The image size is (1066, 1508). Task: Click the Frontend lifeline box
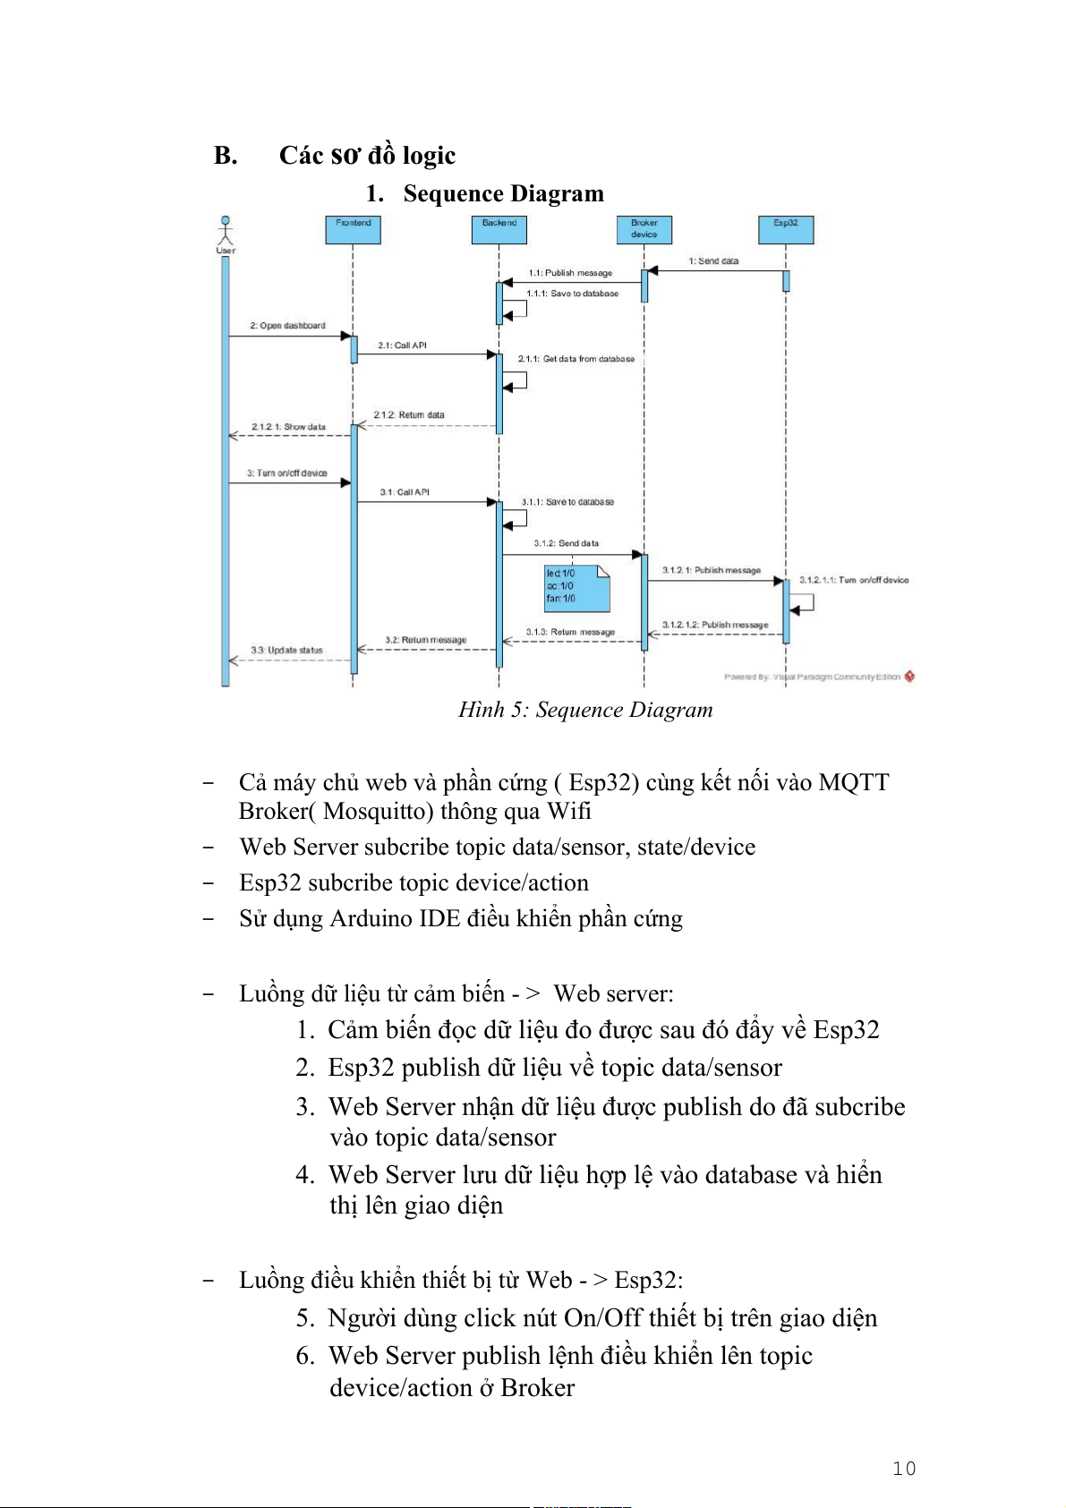tap(353, 229)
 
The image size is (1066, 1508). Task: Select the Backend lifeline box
tap(499, 229)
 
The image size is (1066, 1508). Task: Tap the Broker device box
tap(644, 229)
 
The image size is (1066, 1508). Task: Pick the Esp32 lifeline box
tap(786, 229)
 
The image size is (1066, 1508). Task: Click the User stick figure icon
tap(226, 231)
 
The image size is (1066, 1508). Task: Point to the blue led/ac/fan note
tap(576, 587)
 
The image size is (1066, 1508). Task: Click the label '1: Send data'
tap(713, 261)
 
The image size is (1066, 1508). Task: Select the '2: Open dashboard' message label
tap(287, 326)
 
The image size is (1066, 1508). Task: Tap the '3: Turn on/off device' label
tap(287, 473)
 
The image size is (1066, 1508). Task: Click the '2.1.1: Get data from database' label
tap(576, 359)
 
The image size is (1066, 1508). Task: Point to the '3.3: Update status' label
tap(286, 651)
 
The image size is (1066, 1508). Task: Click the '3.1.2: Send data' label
tap(566, 543)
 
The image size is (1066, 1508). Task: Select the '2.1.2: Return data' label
tap(409, 415)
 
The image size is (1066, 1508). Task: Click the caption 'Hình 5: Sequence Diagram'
tap(585, 710)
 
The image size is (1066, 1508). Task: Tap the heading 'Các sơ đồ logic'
tap(367, 156)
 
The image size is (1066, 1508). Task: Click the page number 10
tap(904, 1469)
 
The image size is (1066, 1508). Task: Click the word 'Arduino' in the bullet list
tap(371, 919)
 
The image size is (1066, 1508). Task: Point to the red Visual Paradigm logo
tap(909, 677)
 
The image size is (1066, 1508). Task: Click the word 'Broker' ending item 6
tap(537, 1388)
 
